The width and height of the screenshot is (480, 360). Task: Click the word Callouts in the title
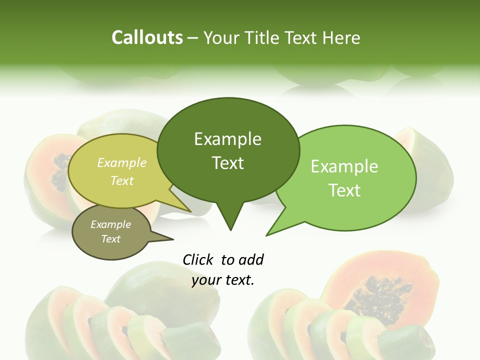(147, 37)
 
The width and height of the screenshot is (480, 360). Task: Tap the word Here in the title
(340, 37)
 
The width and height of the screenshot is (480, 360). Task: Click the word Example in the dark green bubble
(227, 139)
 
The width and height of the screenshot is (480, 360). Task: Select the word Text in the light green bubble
(344, 190)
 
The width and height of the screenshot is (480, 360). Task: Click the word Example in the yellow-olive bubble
(122, 162)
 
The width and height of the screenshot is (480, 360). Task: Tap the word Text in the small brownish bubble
(110, 239)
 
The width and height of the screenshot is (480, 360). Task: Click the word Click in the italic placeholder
(198, 259)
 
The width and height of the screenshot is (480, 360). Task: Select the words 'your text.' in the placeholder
(223, 280)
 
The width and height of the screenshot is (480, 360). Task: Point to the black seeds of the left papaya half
(61, 172)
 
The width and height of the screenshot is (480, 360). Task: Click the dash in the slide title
(193, 37)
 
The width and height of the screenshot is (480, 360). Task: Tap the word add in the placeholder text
(251, 259)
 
